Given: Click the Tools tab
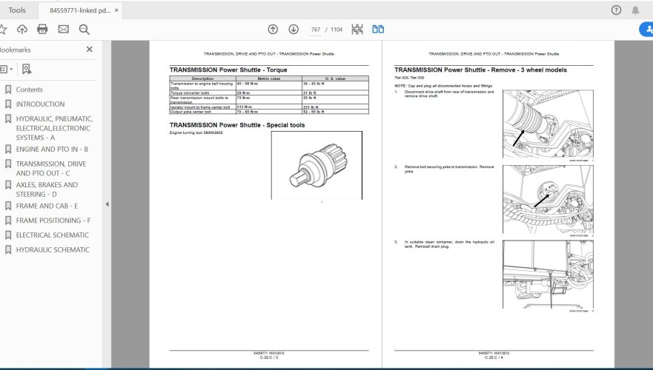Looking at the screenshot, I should click(x=16, y=10).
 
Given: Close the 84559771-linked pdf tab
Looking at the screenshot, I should click(x=127, y=10).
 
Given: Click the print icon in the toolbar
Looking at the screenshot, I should click(x=42, y=30).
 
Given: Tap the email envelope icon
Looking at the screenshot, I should click(x=63, y=30).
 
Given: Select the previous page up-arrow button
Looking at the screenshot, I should click(x=273, y=30).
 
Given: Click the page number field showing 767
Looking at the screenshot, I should click(x=316, y=30).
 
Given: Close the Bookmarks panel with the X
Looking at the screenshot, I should click(x=90, y=50).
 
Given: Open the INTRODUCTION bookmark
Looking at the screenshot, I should click(x=40, y=104).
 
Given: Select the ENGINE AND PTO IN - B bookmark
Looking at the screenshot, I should click(x=52, y=149).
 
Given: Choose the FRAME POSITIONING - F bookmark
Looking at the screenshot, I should click(x=53, y=221).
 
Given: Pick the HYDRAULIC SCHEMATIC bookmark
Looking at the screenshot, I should click(x=52, y=250).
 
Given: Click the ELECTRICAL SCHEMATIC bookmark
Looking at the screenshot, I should click(x=52, y=235).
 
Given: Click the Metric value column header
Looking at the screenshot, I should click(x=268, y=78).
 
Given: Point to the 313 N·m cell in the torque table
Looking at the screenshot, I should click(x=244, y=107).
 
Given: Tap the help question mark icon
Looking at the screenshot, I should click(x=616, y=10).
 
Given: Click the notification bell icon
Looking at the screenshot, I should click(x=635, y=10).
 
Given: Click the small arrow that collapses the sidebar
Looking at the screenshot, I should click(x=107, y=204).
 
